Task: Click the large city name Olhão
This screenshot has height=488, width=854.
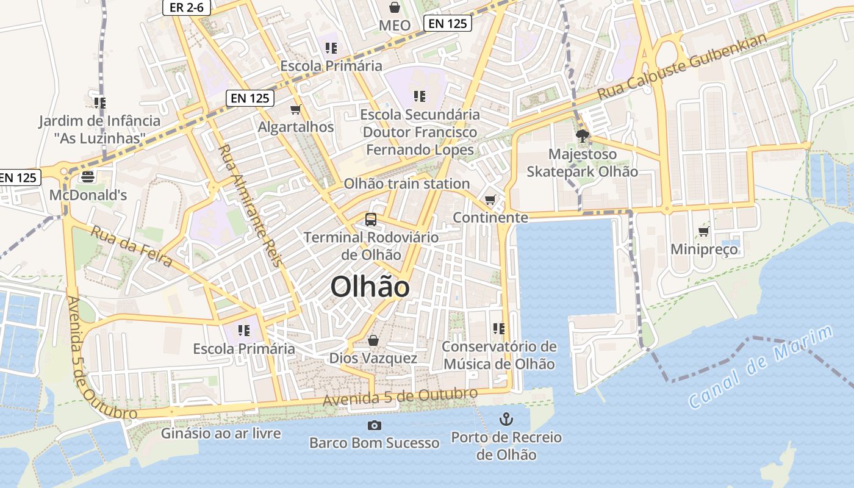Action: point(370,287)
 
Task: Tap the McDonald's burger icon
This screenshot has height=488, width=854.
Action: point(88,177)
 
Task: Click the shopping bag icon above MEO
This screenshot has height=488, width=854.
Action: point(395,7)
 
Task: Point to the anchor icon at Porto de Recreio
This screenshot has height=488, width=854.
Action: point(506,419)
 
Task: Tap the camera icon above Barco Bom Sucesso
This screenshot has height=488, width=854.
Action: point(375,425)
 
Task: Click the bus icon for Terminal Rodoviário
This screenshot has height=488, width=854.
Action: point(370,220)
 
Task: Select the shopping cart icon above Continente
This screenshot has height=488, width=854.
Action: point(490,199)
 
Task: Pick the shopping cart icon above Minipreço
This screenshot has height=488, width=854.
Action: point(703,231)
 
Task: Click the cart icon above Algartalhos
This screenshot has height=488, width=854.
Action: point(296,109)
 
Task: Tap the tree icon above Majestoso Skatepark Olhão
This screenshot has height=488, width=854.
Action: point(582,136)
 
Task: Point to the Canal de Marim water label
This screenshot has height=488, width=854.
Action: point(761,368)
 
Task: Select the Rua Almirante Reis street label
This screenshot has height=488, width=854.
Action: point(251,205)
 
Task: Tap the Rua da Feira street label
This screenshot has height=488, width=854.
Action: point(131,246)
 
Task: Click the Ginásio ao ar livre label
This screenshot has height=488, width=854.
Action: point(221,434)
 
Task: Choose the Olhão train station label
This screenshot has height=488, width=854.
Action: point(406,184)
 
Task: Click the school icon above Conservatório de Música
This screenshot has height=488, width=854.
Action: point(499,329)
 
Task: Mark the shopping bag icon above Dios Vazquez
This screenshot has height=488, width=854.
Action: point(373,340)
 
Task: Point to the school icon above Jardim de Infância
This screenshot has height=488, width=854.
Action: point(100,102)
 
